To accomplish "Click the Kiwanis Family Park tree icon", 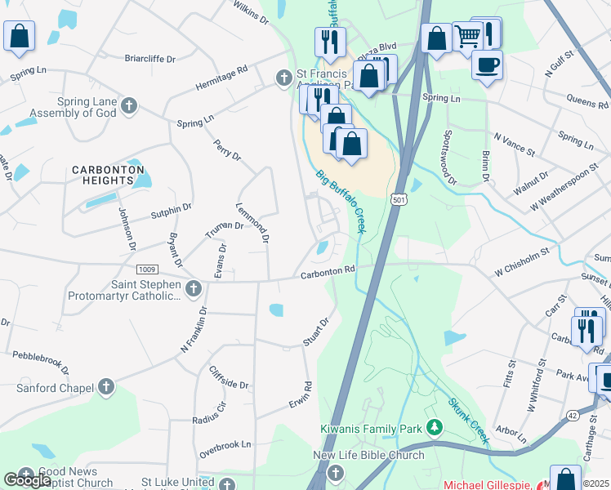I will (435, 427).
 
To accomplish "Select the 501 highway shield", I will (398, 200).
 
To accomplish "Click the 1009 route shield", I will (147, 269).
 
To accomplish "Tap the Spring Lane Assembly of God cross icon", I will (129, 105).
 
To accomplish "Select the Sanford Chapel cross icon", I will (105, 388).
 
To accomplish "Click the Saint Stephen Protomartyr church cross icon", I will (193, 288).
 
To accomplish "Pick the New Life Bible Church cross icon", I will (334, 472).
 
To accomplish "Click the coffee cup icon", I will (488, 65).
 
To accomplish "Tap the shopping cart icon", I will (467, 35).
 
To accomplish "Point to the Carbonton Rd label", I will (328, 273).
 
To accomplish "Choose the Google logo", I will (27, 480).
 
